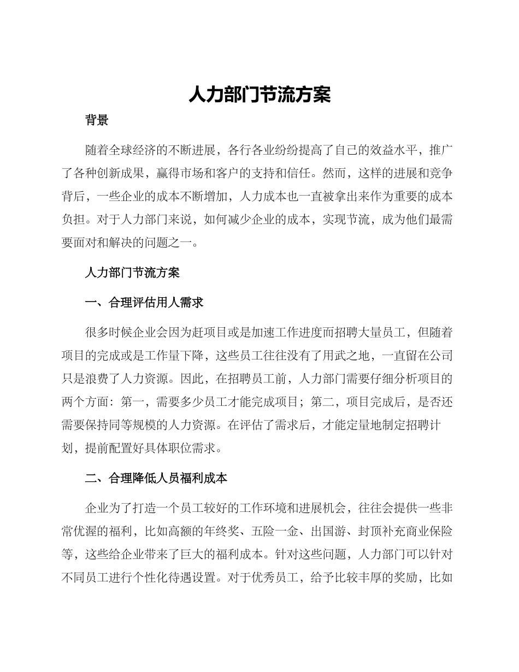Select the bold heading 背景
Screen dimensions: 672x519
(x=97, y=121)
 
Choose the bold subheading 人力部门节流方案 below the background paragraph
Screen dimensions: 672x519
(x=132, y=273)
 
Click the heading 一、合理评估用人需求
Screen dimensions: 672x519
(x=144, y=302)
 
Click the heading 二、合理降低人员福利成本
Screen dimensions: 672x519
(x=156, y=479)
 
